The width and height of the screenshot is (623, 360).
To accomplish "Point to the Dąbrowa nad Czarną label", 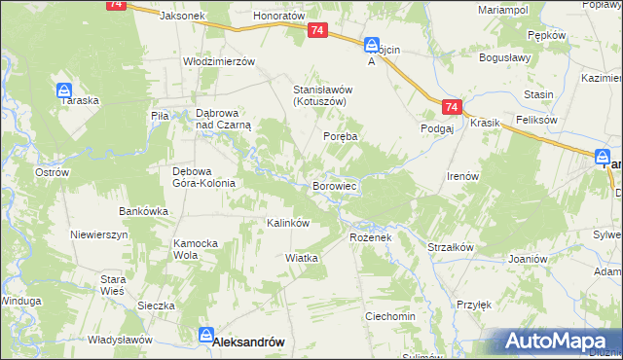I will point(224,118).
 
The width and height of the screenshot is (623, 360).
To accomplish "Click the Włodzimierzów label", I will point(219,60).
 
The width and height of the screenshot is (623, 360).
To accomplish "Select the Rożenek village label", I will point(369,237).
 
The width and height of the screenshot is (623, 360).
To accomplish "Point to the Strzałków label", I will point(451,247).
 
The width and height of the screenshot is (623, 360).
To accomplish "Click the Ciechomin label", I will point(390,317).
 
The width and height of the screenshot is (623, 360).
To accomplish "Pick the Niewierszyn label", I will point(99,235).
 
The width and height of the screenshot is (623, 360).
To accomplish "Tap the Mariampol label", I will point(502,9).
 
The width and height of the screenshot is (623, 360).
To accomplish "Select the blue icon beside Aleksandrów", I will point(206,335).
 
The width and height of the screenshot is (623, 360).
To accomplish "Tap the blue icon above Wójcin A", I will point(372,45).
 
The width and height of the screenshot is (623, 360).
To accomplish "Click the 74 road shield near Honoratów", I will point(317,32).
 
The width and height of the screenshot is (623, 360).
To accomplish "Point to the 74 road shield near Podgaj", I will point(449,107).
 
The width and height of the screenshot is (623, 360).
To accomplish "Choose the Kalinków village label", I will point(288,223).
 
